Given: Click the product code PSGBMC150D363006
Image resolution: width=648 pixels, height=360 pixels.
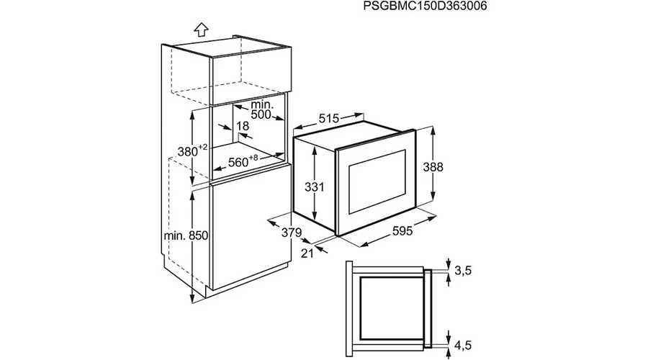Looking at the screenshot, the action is [x=425, y=6].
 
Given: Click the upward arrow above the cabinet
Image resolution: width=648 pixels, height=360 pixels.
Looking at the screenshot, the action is [x=202, y=29].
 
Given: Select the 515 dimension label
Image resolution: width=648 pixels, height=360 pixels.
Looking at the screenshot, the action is [x=329, y=119].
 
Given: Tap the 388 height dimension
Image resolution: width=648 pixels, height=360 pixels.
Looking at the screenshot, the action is [x=433, y=167].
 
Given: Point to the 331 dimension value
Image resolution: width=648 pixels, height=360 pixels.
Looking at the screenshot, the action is [x=315, y=187].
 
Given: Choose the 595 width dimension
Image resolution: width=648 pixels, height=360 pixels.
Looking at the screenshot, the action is [x=402, y=230].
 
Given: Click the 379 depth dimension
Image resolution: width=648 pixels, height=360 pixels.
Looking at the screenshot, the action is [x=292, y=233].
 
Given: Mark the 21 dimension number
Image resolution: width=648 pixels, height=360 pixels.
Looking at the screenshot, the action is [x=307, y=253].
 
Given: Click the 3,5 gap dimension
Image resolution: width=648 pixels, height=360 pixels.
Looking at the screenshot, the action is [x=463, y=271].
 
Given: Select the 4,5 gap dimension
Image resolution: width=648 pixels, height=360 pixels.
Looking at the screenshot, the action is [x=463, y=345].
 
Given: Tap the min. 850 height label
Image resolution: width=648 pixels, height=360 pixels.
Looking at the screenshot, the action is [x=186, y=235].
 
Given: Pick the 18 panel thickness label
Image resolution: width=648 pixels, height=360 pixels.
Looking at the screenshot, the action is [x=243, y=126].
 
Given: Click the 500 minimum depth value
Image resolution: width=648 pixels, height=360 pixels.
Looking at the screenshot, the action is [x=261, y=114].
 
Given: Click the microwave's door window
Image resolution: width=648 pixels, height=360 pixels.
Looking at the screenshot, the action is [x=378, y=182].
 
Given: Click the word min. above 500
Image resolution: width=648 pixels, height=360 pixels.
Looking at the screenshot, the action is [x=261, y=104].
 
